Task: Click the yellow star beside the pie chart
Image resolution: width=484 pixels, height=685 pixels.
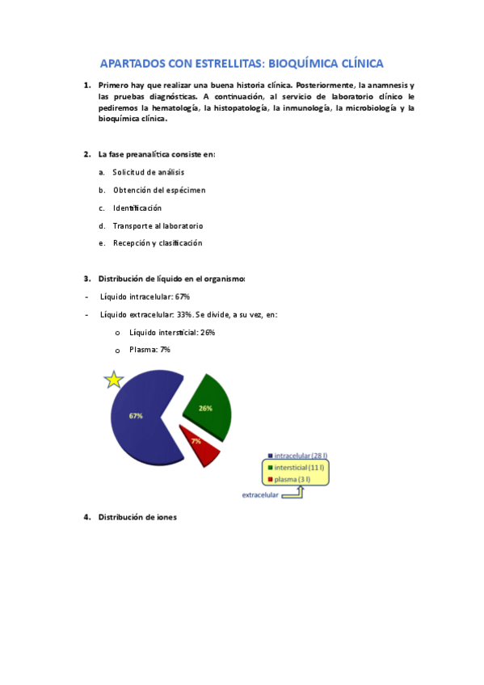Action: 114,380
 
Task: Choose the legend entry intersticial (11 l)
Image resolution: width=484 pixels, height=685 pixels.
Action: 299,468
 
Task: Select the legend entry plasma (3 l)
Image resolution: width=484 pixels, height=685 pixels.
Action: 293,479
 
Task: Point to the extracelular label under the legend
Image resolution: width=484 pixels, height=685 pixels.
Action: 260,495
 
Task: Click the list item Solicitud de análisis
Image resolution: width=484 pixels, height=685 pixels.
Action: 149,172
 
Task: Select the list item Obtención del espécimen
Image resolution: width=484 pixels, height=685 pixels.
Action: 159,190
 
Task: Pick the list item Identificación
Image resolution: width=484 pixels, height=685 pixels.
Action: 143,208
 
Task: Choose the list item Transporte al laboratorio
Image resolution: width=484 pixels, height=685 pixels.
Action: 158,225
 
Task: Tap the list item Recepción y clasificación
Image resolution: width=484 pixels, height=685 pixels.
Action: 158,243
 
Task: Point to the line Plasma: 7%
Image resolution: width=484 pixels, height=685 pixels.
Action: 149,350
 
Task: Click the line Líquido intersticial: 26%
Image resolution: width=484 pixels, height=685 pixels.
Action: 172,332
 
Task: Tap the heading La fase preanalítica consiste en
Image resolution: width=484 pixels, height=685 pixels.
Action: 157,153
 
